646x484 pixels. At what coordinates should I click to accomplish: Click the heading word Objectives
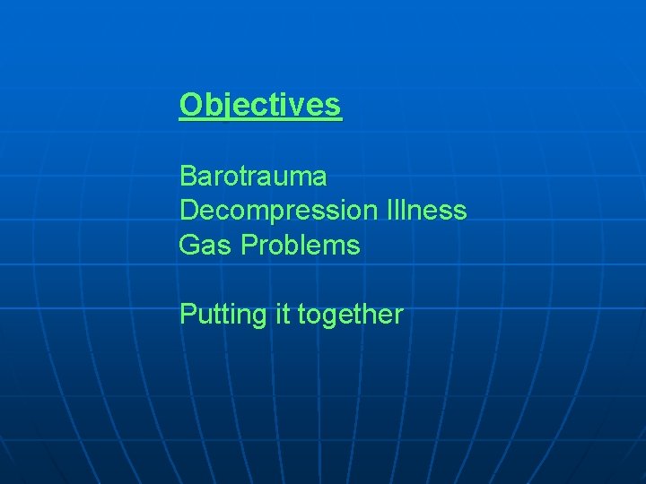coord(260,105)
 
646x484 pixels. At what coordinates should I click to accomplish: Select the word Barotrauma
coord(253,176)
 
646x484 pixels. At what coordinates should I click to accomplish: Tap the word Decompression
coord(279,211)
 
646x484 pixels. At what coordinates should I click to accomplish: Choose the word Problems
coord(301,245)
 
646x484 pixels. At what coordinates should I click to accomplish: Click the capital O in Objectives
coord(191,105)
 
